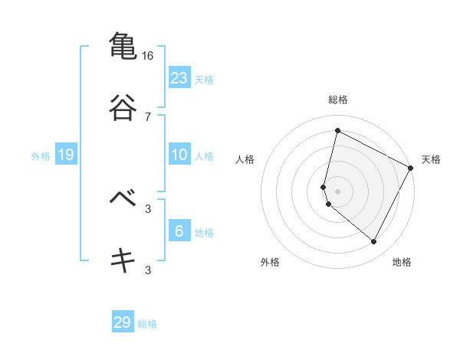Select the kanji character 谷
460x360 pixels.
(x=122, y=107)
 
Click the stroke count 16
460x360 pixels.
(x=148, y=56)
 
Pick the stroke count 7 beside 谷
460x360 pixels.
(x=148, y=117)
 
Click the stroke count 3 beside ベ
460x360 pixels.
(x=148, y=208)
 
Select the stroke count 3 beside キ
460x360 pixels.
(x=148, y=270)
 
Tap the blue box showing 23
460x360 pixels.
(x=179, y=77)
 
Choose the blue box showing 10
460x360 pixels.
(x=179, y=155)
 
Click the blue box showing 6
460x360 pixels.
(x=179, y=231)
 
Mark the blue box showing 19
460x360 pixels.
(x=66, y=155)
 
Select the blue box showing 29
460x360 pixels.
(x=123, y=322)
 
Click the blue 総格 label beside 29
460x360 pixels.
(x=148, y=324)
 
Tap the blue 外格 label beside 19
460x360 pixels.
(x=41, y=156)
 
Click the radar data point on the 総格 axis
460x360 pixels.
(x=337, y=131)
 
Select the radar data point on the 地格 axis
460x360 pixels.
(x=374, y=242)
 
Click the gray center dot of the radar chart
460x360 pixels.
(x=337, y=191)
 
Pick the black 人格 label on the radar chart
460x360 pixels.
(x=245, y=159)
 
